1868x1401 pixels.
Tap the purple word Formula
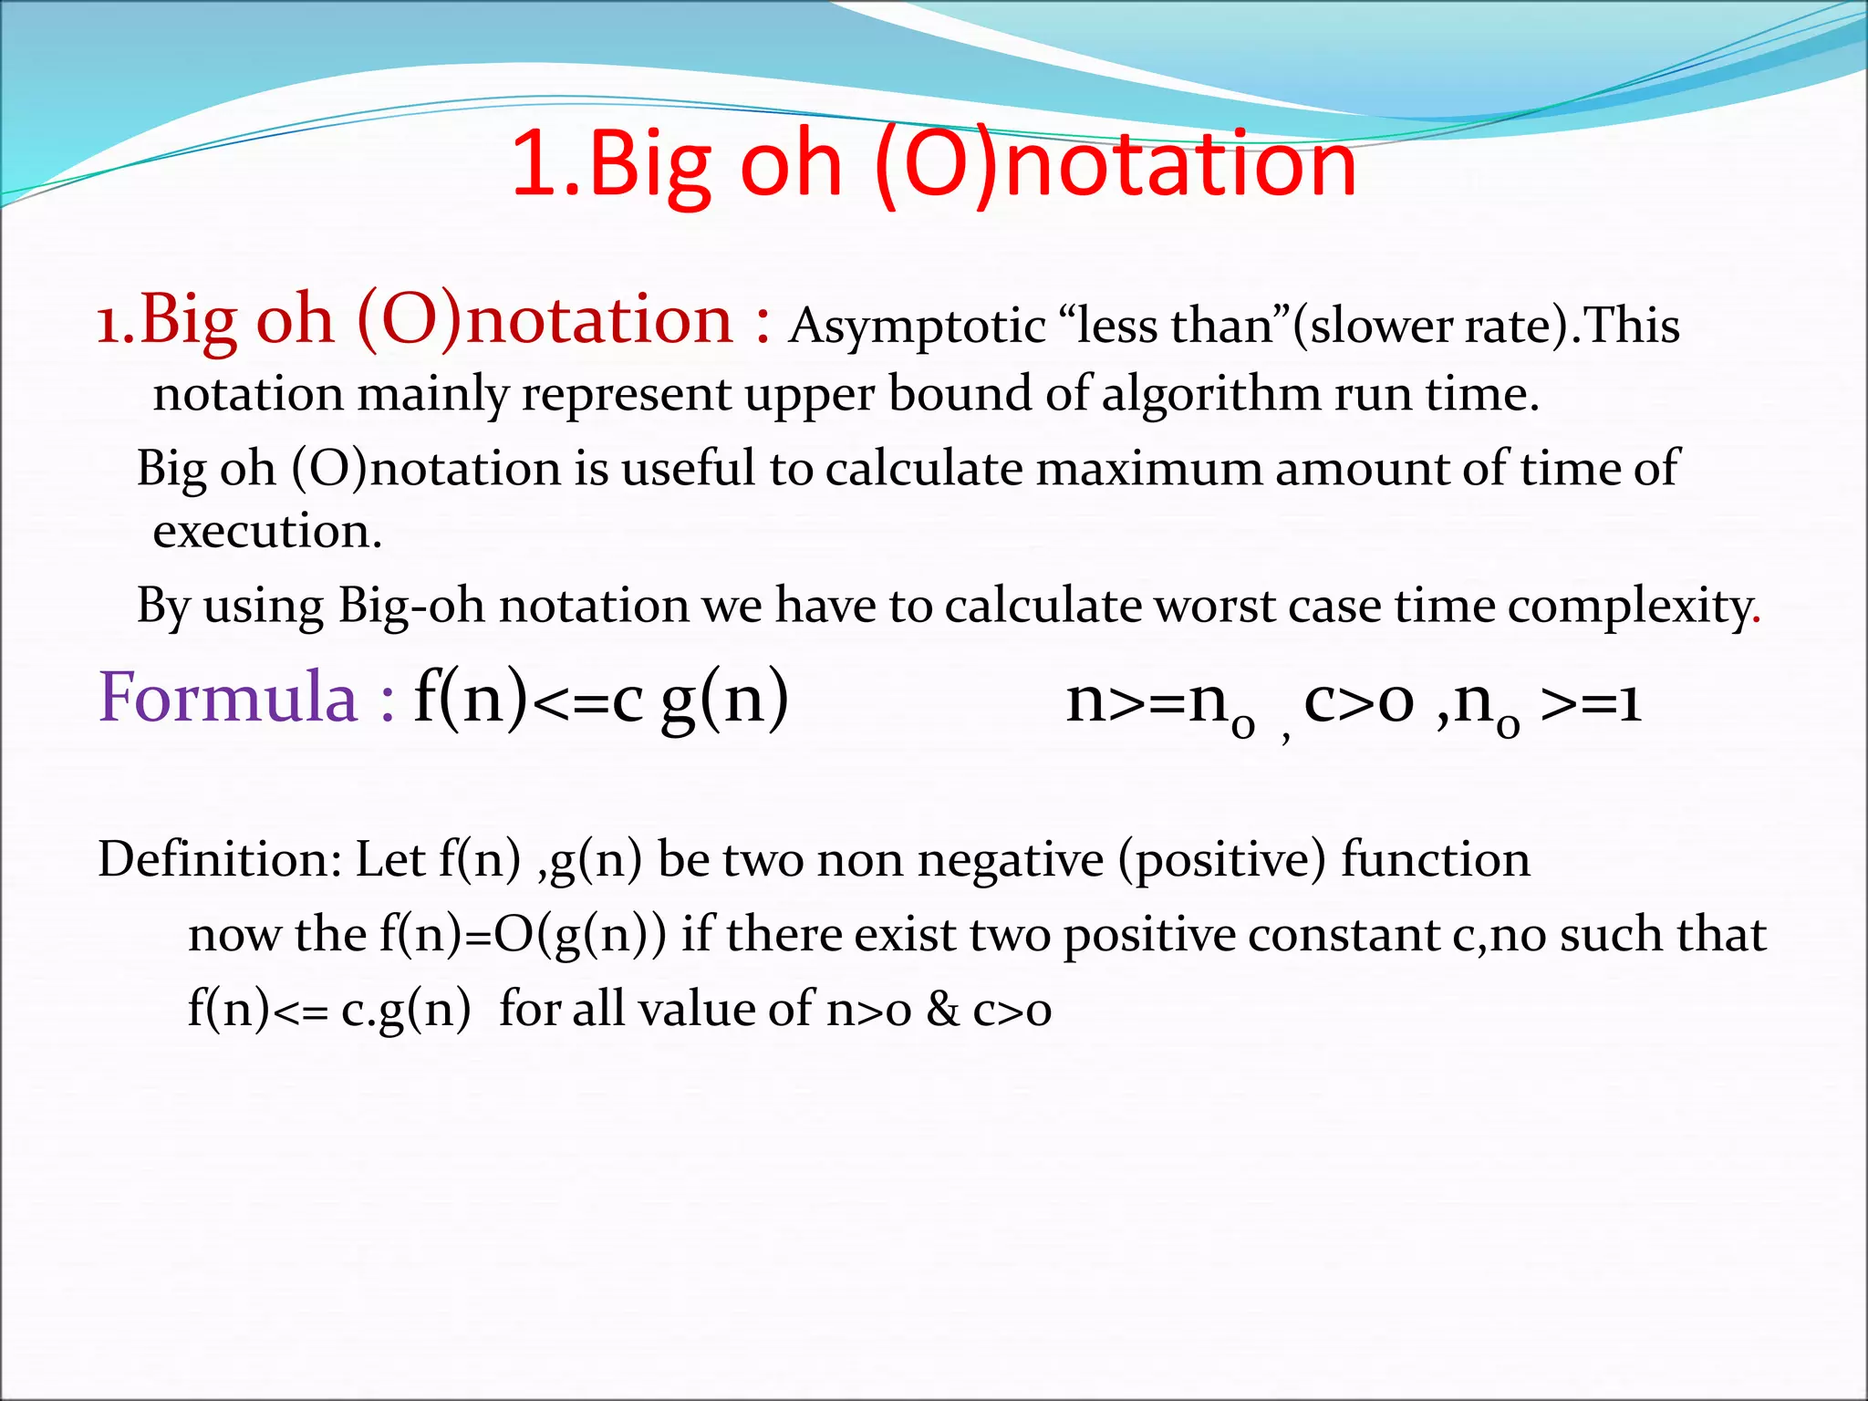click(x=228, y=698)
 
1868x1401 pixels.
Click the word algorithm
click(x=1211, y=396)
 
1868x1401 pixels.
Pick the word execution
click(x=266, y=532)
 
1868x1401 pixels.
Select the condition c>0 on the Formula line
click(x=1359, y=702)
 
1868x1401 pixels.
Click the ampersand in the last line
click(x=942, y=1010)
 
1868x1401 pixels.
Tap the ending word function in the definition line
click(x=1436, y=860)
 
